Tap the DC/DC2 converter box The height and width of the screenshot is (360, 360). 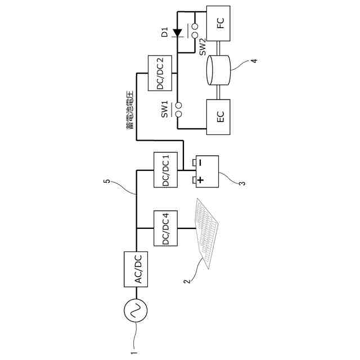[x=160, y=74]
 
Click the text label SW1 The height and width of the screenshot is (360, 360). [x=165, y=109]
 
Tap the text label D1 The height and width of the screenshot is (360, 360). [x=165, y=32]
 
